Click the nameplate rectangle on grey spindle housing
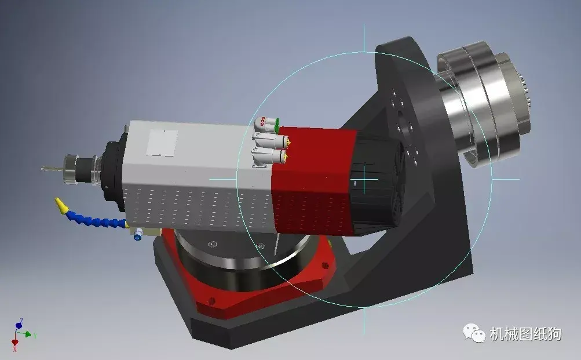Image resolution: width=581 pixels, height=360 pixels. click(162, 143)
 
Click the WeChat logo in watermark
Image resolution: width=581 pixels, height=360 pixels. click(474, 333)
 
